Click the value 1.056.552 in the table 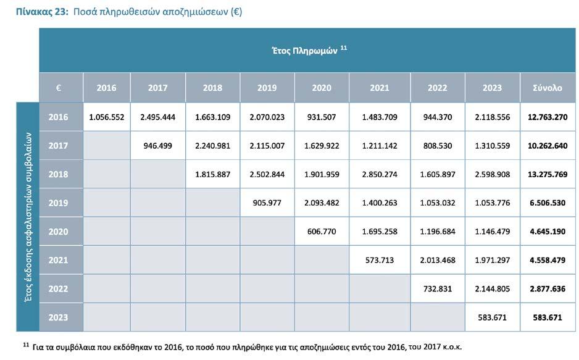click(106, 117)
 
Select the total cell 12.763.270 click(547, 117)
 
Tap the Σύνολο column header click(547, 88)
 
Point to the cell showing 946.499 click(157, 146)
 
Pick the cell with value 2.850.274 click(379, 174)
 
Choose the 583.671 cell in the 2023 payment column click(492, 317)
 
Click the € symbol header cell click(59, 88)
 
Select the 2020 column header click(322, 88)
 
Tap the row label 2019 click(59, 203)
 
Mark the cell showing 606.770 click(322, 232)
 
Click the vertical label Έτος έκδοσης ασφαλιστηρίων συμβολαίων click(27, 217)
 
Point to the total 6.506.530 click(547, 203)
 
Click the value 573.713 click(379, 260)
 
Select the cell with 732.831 click(437, 288)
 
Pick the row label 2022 click(59, 288)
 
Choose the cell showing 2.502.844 click(267, 174)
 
